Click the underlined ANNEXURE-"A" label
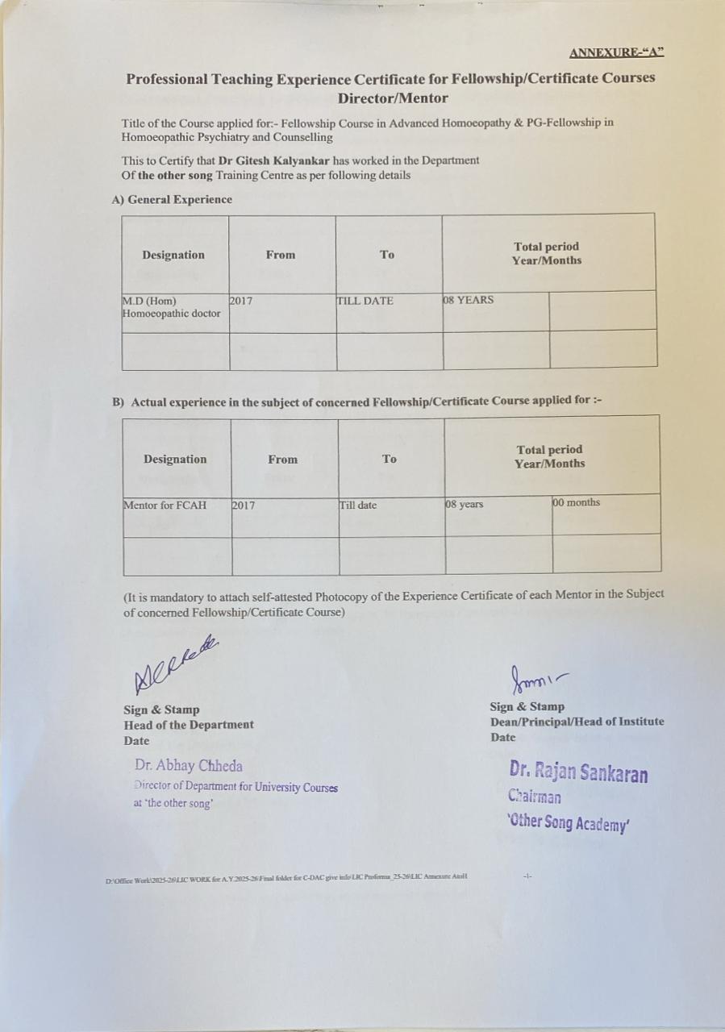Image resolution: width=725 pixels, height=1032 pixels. pyautogui.click(x=616, y=53)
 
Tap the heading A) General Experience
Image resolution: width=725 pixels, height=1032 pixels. pyautogui.click(x=172, y=199)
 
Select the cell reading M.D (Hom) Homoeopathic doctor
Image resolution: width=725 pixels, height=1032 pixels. pyautogui.click(x=171, y=307)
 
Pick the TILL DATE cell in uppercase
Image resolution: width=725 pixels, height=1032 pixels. pyautogui.click(x=365, y=301)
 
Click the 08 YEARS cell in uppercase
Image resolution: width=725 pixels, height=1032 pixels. pyautogui.click(x=469, y=300)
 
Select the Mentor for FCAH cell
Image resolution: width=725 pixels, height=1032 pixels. pyautogui.click(x=165, y=506)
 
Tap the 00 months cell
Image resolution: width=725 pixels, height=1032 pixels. pyautogui.click(x=576, y=502)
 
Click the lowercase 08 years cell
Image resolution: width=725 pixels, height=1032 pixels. pyautogui.click(x=465, y=505)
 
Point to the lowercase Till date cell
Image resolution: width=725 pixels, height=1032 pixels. pyautogui.click(x=358, y=506)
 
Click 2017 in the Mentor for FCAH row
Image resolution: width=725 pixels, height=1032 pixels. pyautogui.click(x=244, y=506)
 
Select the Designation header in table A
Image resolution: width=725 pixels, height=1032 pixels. pyautogui.click(x=173, y=255)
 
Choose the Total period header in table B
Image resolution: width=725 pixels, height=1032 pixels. pyautogui.click(x=549, y=456)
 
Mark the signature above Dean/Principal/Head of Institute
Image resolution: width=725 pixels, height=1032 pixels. pyautogui.click(x=532, y=679)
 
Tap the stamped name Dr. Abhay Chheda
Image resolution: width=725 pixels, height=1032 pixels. pyautogui.click(x=189, y=766)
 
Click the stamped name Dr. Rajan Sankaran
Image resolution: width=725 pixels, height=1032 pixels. pyautogui.click(x=578, y=772)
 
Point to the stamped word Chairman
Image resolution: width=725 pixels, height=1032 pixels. pyautogui.click(x=534, y=797)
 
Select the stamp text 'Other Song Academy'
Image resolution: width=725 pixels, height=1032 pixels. pyautogui.click(x=568, y=823)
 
